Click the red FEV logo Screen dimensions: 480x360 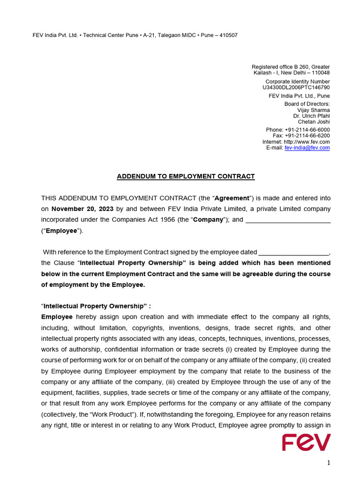tap(306, 442)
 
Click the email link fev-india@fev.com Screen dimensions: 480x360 tap(307, 148)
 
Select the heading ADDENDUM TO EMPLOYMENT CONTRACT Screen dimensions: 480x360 tap(186, 177)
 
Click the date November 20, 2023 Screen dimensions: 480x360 tap(82, 209)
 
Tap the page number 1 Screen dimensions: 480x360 tap(329, 463)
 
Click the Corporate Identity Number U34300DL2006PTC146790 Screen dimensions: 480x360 tap(296, 88)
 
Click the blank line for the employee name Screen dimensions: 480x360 tap(288, 220)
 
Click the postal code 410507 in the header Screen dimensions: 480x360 tap(228, 35)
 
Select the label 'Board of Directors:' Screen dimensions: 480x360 tap(307, 104)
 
